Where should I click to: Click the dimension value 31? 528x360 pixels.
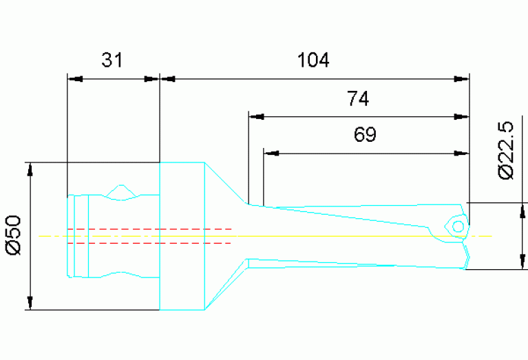point(112,61)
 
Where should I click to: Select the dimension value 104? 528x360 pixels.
point(313,61)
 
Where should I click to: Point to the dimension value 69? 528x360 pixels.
point(365,135)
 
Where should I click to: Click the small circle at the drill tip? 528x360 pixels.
point(456,225)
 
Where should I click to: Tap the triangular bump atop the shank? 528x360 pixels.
point(122,191)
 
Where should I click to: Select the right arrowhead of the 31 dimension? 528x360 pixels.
point(151,78)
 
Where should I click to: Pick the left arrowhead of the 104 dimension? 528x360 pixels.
point(169,78)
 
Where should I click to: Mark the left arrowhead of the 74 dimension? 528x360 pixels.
point(256,116)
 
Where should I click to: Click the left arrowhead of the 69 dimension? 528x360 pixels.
point(272,152)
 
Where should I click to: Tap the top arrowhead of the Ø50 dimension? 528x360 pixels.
point(30,170)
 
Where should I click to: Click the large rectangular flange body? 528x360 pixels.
point(182,236)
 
